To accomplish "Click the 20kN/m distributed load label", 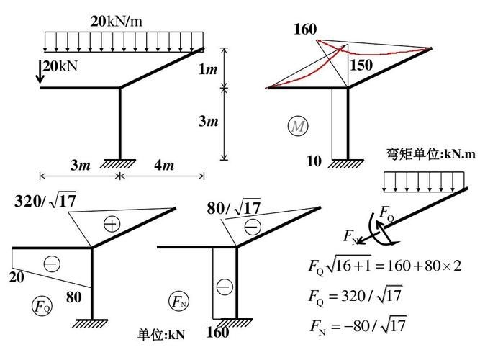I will pos(116,22).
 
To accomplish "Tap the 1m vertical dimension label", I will pos(209,69).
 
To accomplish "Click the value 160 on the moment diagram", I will pos(305,30).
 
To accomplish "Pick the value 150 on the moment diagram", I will pos(361,66).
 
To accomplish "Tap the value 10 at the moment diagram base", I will pos(314,161).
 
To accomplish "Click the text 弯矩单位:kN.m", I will pos(430,154).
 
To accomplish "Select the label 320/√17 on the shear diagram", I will pos(45,201).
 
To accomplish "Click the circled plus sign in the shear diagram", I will pos(110,223).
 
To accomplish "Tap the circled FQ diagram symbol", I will pos(42,305).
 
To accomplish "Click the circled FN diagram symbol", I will pos(178,301).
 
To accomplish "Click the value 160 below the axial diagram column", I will pos(217,333).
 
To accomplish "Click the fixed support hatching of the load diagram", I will pos(119,162).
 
